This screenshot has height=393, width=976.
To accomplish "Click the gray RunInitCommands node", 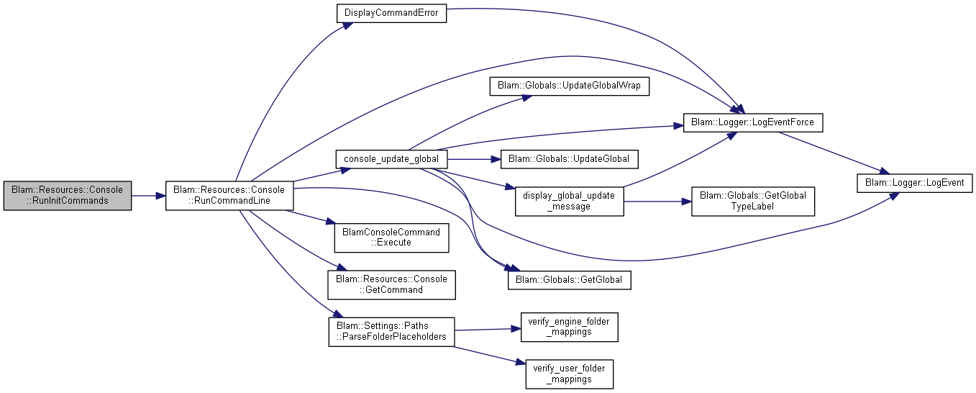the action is [x=68, y=195].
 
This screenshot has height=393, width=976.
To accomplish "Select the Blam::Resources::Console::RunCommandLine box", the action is [x=229, y=195].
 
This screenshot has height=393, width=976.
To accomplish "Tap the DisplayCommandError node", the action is [x=391, y=13].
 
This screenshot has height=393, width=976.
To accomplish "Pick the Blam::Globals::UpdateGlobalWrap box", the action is [x=569, y=86].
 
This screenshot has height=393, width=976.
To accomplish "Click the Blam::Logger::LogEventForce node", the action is [x=753, y=122].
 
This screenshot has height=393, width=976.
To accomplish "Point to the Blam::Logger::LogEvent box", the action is [x=915, y=183].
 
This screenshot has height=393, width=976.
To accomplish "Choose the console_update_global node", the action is [x=391, y=159].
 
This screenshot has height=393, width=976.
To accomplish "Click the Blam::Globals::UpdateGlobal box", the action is [x=569, y=159].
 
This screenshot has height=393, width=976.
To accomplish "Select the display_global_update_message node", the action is [x=569, y=201].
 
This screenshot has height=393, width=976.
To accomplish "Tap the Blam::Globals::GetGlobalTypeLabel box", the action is [x=753, y=201].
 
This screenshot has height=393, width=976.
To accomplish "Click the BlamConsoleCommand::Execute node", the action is [x=391, y=238].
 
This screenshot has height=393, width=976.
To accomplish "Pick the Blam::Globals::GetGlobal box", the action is [x=569, y=280].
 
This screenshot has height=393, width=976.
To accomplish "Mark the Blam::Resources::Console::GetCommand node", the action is [x=391, y=284].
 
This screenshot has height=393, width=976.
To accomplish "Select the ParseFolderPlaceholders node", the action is [x=391, y=332].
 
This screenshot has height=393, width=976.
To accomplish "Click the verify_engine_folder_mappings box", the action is [x=569, y=327].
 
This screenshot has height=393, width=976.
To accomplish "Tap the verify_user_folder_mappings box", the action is [x=569, y=374].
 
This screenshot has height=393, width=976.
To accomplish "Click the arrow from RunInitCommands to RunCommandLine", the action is [x=149, y=196].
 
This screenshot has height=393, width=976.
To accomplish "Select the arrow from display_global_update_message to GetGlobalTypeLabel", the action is [x=657, y=202].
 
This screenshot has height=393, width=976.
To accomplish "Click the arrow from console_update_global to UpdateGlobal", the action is [x=474, y=159].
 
